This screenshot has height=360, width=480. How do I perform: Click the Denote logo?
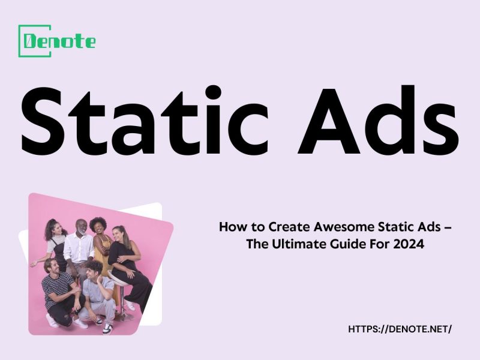[57, 41]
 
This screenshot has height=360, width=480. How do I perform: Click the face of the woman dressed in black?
[118, 233]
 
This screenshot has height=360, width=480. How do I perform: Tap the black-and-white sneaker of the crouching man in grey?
[107, 328]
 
